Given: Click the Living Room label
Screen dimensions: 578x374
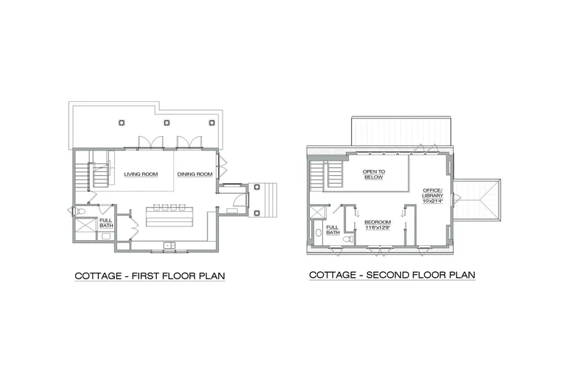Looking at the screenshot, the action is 141,174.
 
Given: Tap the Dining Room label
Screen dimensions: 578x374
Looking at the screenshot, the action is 195,174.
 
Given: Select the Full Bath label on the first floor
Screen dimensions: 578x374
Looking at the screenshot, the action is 106,223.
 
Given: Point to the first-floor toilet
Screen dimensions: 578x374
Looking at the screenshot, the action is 80,211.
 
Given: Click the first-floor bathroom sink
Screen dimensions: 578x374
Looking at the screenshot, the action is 106,237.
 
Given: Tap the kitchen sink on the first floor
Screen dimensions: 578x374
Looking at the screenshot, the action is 170,245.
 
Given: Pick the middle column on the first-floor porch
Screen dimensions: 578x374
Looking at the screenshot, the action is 167,122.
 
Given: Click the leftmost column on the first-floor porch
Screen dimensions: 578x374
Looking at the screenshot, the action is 121,122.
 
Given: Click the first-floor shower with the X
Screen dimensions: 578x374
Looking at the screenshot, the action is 85,225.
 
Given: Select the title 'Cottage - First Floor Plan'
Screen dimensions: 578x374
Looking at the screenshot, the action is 150,276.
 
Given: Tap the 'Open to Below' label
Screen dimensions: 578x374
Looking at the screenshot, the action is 374,174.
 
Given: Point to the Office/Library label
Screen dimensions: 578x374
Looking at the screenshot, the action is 432,192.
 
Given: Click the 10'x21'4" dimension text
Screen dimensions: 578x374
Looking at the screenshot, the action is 432,201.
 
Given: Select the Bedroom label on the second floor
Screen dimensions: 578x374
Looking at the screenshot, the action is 377,222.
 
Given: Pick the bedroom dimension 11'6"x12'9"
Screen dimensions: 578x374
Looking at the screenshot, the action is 377,228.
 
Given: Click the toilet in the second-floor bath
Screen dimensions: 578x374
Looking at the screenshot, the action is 348,239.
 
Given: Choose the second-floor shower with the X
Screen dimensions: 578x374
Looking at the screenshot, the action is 316,213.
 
